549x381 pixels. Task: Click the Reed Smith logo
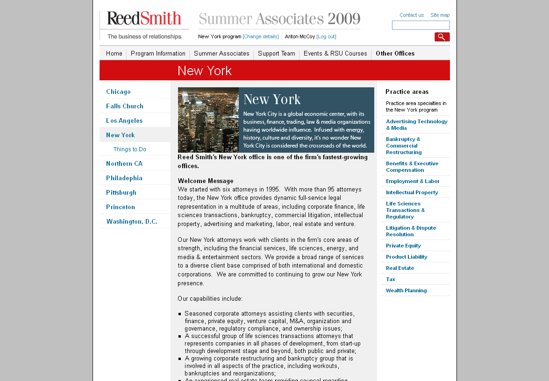point(144,19)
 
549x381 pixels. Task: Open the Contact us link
point(412,15)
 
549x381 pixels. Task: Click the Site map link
point(440,15)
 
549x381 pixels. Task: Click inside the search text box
point(421,25)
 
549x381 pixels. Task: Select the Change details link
point(261,36)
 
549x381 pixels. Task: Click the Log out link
point(326,36)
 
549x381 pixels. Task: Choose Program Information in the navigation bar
point(158,53)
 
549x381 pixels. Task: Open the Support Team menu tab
point(277,53)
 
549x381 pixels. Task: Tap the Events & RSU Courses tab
point(335,53)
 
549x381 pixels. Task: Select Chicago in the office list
point(118,92)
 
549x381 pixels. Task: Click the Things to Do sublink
point(129,149)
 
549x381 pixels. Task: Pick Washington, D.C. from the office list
point(132,221)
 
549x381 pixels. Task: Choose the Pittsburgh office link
point(121,192)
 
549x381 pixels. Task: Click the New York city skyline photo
point(208,120)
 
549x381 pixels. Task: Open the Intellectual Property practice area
point(412,192)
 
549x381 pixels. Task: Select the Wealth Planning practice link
point(406,290)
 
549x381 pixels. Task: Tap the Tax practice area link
point(391,279)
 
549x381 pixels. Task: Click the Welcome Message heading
point(206,181)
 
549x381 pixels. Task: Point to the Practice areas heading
point(407,92)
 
